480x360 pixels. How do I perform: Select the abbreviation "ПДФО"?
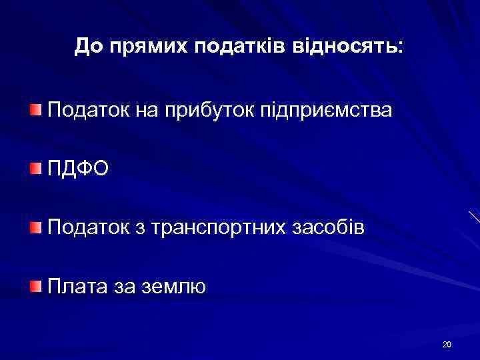[x=75, y=169]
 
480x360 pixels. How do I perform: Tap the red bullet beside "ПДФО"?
[x=35, y=169]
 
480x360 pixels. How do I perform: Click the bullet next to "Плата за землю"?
[x=35, y=287]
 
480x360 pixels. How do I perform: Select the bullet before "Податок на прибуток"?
[x=35, y=108]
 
